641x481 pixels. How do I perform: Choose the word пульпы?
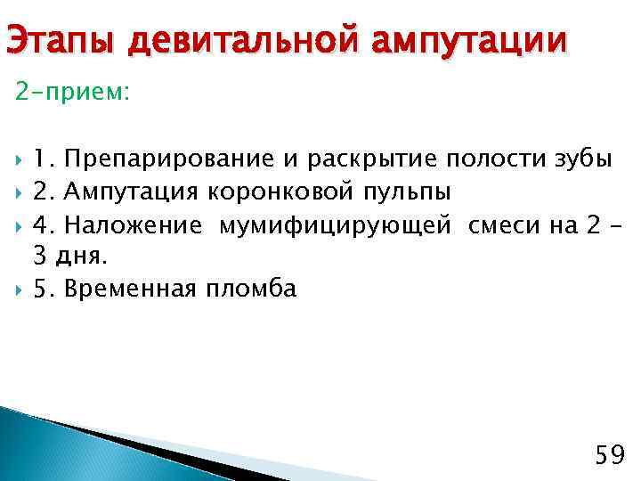click(408, 192)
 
